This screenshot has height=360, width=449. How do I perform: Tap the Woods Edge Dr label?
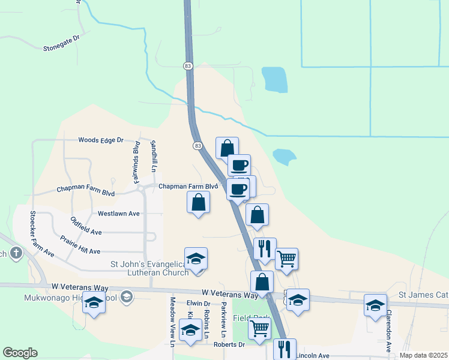coord(101,140)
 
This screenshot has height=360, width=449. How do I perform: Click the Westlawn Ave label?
coord(118,213)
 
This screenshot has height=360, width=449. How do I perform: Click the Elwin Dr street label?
coord(198,303)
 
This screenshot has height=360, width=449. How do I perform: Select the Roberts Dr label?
coord(229,344)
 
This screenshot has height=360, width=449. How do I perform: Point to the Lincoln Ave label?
coord(312,355)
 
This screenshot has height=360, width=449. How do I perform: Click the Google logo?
coord(20,353)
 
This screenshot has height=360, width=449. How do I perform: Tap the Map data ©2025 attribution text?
coord(423,355)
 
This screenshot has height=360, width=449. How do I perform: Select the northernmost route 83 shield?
coord(188,65)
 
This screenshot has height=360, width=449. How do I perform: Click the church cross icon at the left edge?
coord(16,254)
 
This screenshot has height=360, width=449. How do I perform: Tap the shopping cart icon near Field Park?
coord(259,328)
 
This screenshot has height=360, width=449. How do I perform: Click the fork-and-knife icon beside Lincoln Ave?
coord(284,349)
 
